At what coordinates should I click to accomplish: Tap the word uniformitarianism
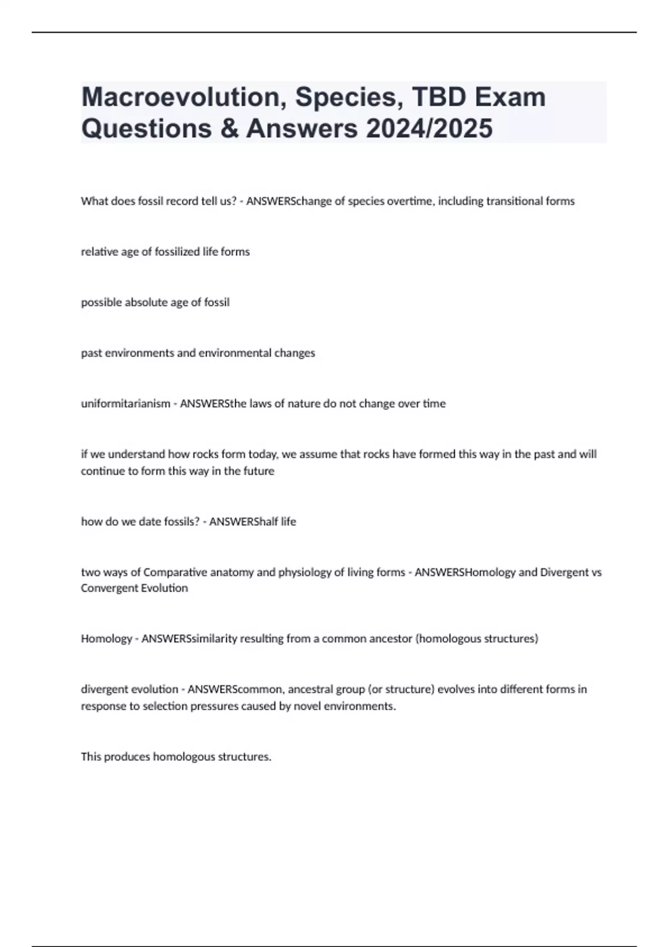pyautogui.click(x=125, y=403)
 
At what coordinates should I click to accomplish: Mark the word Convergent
pyautogui.click(x=105, y=588)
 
